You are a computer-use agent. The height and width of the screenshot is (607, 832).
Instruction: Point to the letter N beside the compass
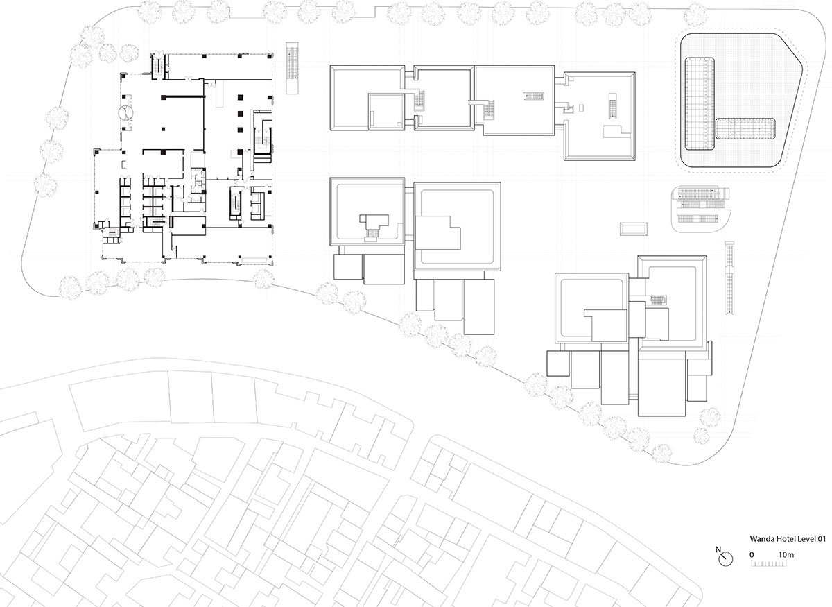718,549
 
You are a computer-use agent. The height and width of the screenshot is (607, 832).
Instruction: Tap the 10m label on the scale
786,555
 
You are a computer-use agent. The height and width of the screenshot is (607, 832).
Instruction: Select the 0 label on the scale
752,555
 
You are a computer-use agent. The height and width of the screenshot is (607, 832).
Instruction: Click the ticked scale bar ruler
769,563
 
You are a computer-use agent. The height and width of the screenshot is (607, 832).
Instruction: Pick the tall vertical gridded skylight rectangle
700,103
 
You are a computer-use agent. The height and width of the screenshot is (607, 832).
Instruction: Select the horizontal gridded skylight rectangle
745,128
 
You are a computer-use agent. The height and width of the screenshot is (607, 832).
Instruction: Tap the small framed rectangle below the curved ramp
633,229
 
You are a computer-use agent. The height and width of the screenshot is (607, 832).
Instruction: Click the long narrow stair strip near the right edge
729,277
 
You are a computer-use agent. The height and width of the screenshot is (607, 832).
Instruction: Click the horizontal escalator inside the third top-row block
534,96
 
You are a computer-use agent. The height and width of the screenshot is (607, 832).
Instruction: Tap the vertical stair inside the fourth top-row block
612,106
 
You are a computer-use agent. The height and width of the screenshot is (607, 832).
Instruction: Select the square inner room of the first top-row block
386,112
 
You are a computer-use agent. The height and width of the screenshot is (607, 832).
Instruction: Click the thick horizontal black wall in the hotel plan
184,97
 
